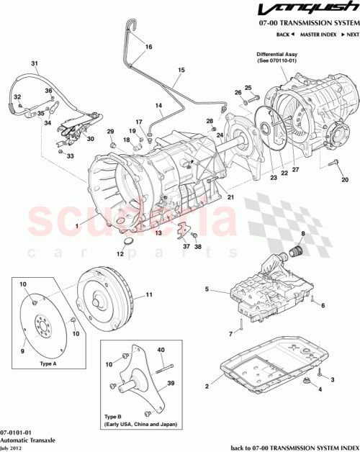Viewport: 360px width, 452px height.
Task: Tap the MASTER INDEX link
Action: pyautogui.click(x=318, y=35)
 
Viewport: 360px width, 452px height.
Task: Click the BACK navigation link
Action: pyautogui.click(x=284, y=35)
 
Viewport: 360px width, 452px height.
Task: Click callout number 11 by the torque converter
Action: pyautogui.click(x=150, y=295)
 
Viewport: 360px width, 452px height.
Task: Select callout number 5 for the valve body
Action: pyautogui.click(x=207, y=290)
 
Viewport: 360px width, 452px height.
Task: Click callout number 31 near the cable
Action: pyautogui.click(x=34, y=64)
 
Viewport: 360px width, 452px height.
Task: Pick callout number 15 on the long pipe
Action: pyautogui.click(x=181, y=70)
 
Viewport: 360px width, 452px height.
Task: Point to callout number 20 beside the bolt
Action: pyautogui.click(x=344, y=179)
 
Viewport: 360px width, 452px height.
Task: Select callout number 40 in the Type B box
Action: pyautogui.click(x=161, y=351)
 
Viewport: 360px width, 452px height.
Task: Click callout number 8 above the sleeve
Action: pyautogui.click(x=303, y=235)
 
